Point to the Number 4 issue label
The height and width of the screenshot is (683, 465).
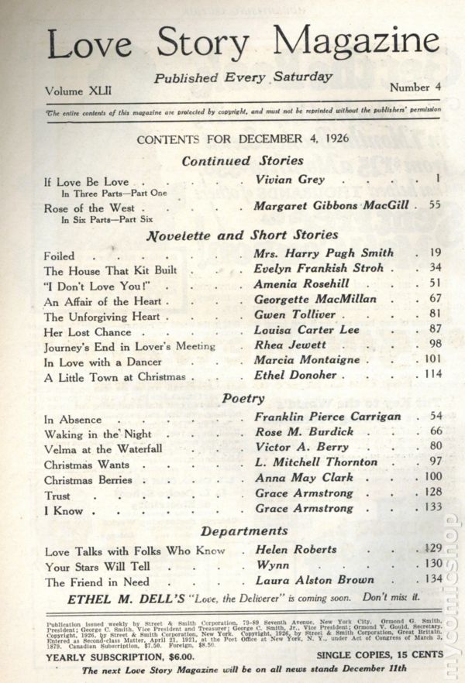pos(415,87)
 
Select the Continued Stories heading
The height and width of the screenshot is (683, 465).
pos(243,161)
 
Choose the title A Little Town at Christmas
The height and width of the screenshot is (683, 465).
pos(115,376)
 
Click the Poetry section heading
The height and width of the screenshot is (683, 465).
pos(243,398)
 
